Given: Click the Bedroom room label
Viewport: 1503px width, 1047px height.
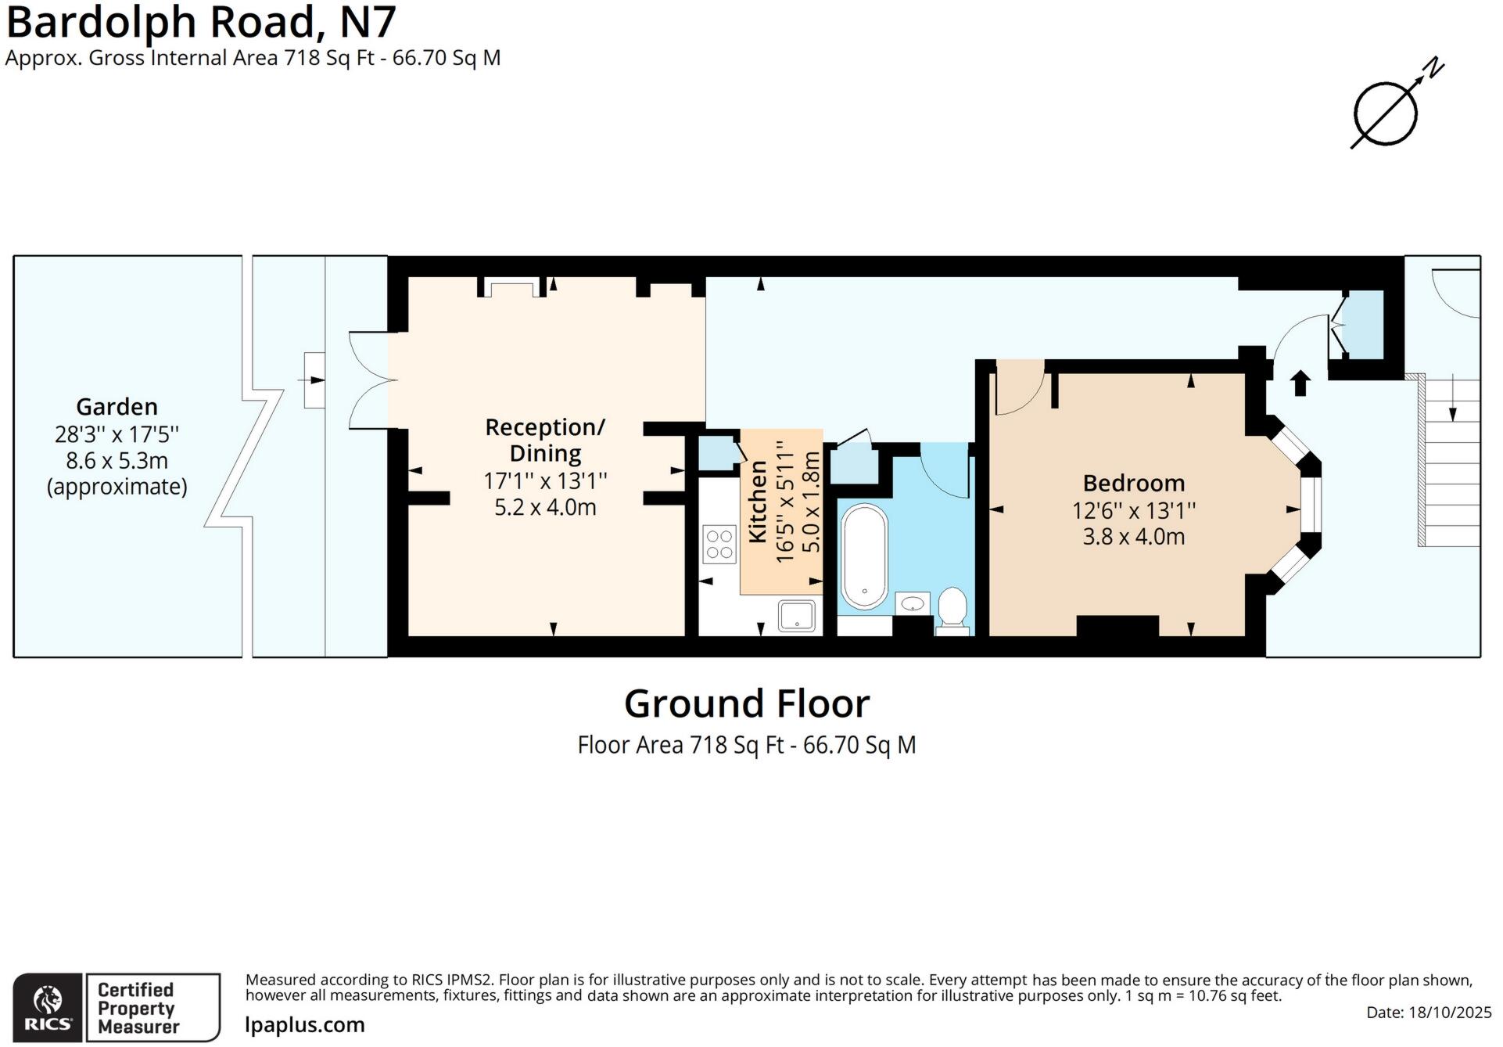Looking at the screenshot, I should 1133,483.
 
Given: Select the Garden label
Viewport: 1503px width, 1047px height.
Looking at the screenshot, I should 117,406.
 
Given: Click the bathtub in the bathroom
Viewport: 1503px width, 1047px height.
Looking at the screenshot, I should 864,556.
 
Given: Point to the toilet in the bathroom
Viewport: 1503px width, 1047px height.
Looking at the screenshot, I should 952,609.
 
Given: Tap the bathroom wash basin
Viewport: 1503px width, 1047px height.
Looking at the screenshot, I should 913,604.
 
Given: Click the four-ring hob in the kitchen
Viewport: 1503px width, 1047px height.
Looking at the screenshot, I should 719,545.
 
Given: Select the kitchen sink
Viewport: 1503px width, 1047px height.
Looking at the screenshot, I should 797,616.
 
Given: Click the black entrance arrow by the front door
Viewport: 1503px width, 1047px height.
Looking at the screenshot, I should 1300,383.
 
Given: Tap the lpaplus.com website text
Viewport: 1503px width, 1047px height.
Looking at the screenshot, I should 305,1025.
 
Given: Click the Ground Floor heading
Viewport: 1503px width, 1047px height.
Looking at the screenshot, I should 746,703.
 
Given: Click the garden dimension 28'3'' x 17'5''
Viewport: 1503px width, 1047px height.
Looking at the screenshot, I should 117,434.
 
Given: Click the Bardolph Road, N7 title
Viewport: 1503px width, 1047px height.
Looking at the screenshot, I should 201,22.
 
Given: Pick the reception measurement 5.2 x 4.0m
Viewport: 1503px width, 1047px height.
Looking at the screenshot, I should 545,507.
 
